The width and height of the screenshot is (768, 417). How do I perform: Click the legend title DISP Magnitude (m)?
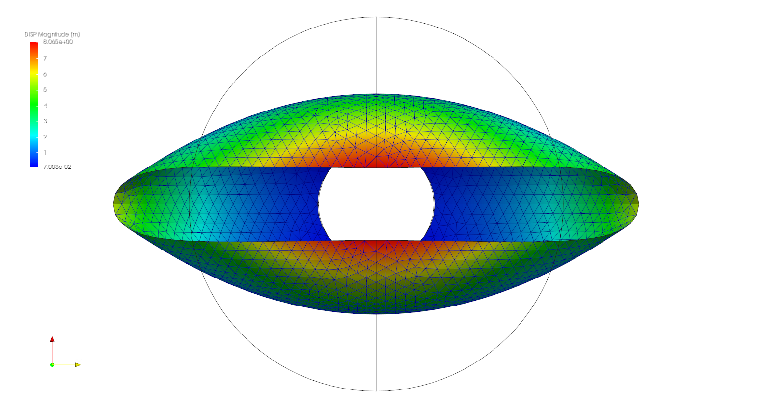52,34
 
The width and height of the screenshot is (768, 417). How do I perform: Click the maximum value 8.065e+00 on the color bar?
57,42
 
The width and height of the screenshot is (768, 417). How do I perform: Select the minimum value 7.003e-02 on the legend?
57,167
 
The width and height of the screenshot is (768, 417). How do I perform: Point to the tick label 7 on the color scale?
45,58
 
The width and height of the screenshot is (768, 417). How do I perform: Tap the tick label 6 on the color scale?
45,74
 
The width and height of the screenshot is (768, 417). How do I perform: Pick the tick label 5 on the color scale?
45,90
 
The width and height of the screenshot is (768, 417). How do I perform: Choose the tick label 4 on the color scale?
45,106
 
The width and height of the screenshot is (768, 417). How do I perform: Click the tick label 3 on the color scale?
45,121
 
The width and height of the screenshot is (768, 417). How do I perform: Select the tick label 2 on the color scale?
45,137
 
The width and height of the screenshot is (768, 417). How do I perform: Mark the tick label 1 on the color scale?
45,153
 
